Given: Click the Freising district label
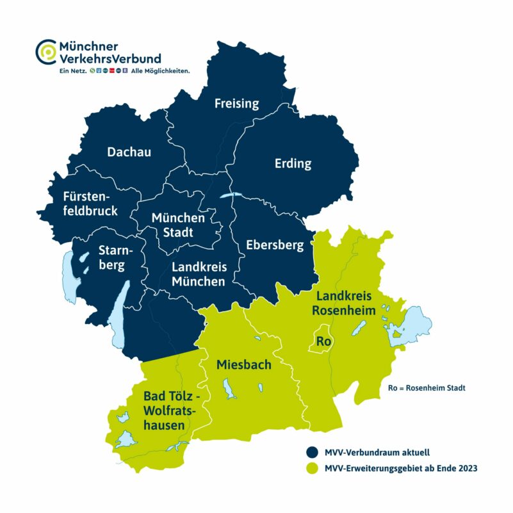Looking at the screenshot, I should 237,103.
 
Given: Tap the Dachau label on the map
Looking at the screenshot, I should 129,152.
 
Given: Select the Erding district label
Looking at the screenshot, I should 293,163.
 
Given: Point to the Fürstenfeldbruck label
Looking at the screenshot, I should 90,202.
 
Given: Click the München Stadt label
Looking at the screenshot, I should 178,225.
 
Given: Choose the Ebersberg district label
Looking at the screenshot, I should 275,244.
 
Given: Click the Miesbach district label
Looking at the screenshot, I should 244,364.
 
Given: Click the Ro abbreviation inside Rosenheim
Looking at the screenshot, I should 323,341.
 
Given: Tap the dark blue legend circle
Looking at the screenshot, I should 313,451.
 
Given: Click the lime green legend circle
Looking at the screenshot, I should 313,468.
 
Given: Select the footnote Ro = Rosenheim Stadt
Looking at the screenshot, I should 427,388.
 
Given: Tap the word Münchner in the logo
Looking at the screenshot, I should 89,46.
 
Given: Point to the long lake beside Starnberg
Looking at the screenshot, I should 117,317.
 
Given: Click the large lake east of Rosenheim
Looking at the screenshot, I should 413,322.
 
